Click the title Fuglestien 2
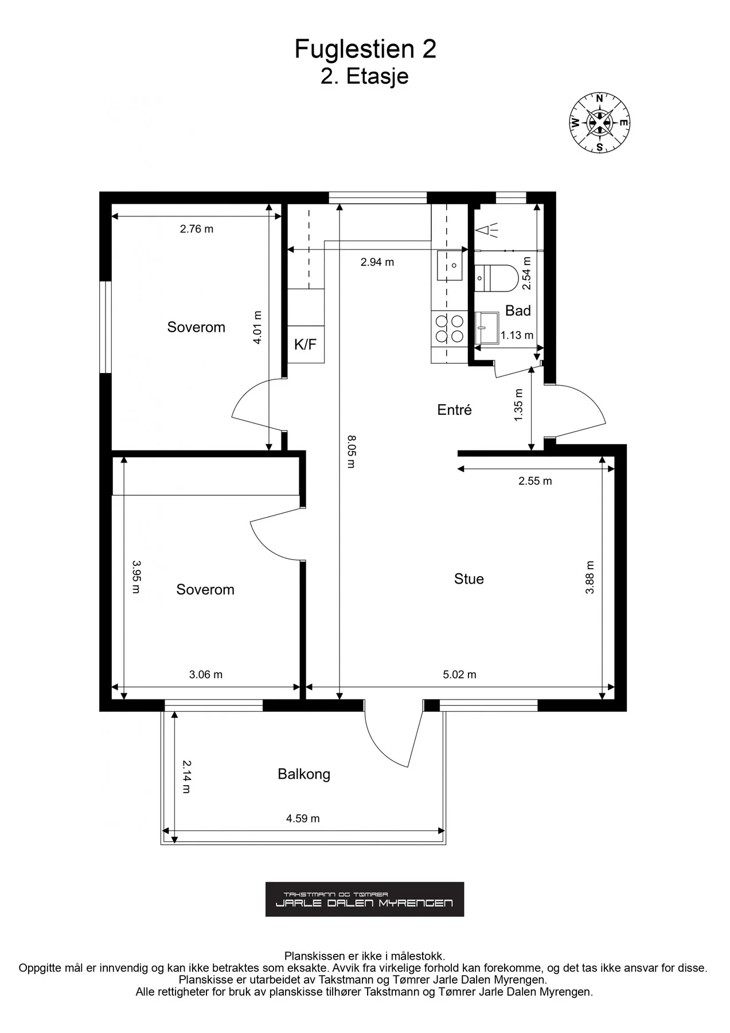point(365,49)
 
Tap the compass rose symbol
point(599,123)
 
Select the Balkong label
point(304,774)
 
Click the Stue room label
point(469,579)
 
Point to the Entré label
point(454,410)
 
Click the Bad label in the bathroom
point(518,310)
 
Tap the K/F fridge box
point(306,344)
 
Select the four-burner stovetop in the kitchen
point(450,329)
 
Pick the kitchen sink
point(450,265)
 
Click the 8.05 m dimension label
point(351,452)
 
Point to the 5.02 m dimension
point(459,674)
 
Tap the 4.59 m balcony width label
point(303,818)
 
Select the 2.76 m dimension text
point(197,229)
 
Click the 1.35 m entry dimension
point(519,405)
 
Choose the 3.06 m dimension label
point(206,674)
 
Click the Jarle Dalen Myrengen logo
point(365,899)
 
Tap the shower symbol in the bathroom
point(487,231)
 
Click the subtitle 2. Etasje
point(365,76)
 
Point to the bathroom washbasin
point(487,328)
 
